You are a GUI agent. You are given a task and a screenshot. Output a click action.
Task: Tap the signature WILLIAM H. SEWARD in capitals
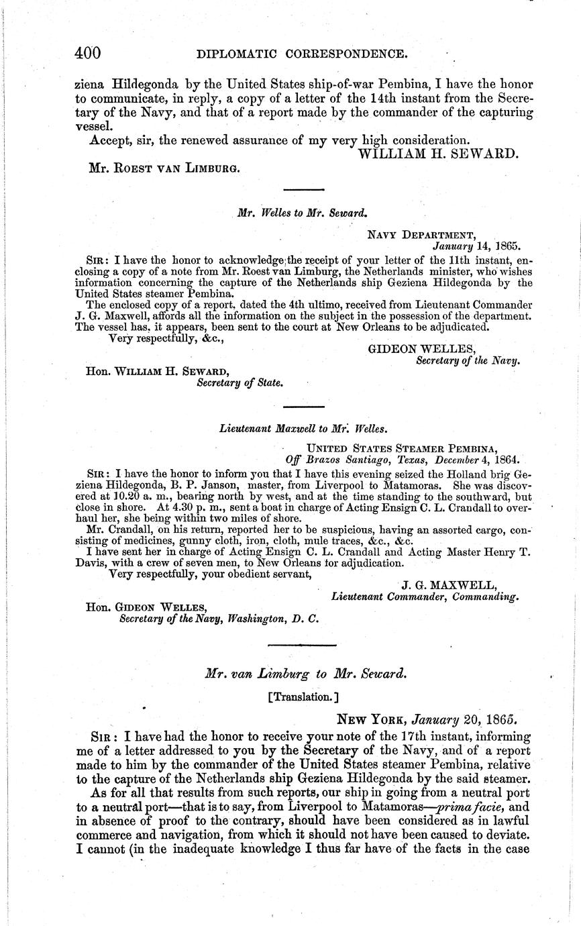(x=439, y=154)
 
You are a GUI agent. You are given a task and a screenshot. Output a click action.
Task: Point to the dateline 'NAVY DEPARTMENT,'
(x=422, y=234)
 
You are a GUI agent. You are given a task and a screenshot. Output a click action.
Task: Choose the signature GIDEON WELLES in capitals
(x=422, y=348)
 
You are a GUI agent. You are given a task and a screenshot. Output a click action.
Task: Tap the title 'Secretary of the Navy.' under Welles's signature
(x=468, y=360)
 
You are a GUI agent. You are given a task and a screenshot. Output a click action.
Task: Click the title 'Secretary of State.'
(x=240, y=383)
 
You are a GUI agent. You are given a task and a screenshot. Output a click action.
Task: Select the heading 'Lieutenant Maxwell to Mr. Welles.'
(x=303, y=427)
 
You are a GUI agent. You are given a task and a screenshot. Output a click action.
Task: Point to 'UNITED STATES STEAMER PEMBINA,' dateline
(x=401, y=449)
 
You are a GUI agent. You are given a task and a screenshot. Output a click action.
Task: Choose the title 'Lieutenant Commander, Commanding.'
(x=425, y=596)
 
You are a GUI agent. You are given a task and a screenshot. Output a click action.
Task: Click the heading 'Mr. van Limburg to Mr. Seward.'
(x=305, y=674)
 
